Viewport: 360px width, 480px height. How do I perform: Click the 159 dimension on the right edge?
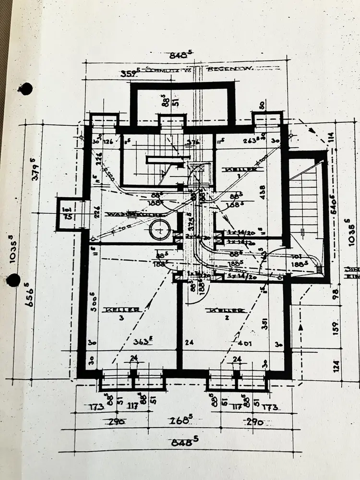(335, 327)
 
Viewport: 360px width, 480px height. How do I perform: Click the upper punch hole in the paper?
(27, 88)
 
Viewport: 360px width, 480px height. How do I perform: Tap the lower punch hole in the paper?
(13, 280)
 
